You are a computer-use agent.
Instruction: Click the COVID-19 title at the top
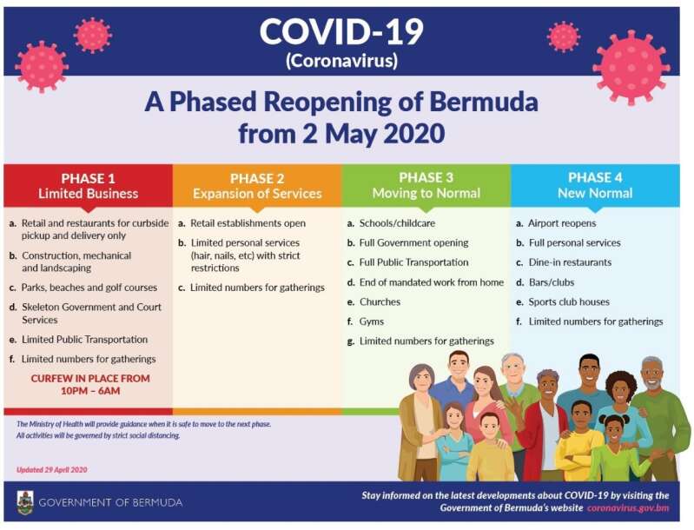click(x=341, y=32)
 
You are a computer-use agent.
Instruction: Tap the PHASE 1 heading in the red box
click(x=88, y=178)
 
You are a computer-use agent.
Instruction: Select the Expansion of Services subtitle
click(x=257, y=194)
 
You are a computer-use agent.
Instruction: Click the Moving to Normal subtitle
click(x=426, y=193)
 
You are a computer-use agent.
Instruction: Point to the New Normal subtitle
click(x=595, y=193)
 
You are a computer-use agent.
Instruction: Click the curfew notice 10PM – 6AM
click(x=90, y=385)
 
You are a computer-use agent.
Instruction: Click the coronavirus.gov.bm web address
click(x=628, y=508)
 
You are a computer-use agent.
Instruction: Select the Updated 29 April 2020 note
click(x=52, y=470)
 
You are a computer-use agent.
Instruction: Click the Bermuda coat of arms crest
click(x=25, y=502)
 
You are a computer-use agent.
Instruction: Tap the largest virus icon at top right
click(x=631, y=66)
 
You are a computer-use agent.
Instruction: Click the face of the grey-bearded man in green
click(x=651, y=375)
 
